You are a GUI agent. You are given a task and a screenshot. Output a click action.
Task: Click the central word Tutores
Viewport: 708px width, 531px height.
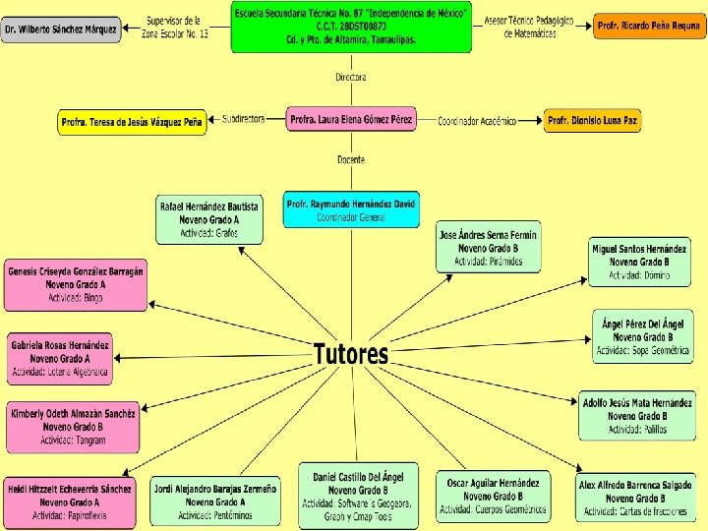tap(351, 354)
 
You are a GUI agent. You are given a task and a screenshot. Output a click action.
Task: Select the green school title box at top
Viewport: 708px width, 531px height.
tap(351, 27)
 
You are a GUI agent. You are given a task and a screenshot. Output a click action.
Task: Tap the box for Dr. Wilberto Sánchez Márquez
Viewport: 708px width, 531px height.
tap(61, 29)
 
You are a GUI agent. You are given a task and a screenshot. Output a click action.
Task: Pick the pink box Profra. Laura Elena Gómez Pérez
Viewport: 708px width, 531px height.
tap(351, 119)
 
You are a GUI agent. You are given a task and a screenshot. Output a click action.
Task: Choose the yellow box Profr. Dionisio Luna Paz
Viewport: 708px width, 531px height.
tap(593, 121)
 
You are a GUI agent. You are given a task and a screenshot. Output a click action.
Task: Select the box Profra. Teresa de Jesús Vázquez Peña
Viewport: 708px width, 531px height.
tap(132, 122)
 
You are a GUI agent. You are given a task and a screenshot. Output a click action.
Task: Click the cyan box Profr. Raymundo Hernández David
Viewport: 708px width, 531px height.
tap(351, 209)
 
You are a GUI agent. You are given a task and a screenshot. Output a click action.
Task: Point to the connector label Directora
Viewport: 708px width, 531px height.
tap(351, 77)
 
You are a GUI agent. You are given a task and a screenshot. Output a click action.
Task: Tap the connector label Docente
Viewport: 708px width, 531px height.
tap(351, 159)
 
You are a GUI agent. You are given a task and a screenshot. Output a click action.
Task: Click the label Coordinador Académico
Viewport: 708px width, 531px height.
tap(477, 121)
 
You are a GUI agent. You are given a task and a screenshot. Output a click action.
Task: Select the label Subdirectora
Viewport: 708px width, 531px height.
tap(244, 119)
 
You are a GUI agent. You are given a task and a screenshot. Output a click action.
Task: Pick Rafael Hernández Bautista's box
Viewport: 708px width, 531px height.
tap(208, 220)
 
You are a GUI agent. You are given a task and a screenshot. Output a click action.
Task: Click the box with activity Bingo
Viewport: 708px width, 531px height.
tap(76, 284)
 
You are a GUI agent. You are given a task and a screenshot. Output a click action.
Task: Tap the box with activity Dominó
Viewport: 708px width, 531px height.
tap(639, 262)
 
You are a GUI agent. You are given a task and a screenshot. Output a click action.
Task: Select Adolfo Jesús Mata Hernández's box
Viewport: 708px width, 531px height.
tap(637, 416)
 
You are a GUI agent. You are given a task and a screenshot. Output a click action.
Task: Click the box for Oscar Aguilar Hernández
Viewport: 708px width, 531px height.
tap(493, 497)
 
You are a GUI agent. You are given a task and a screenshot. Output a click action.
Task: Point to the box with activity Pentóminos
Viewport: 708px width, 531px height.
tap(214, 501)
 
